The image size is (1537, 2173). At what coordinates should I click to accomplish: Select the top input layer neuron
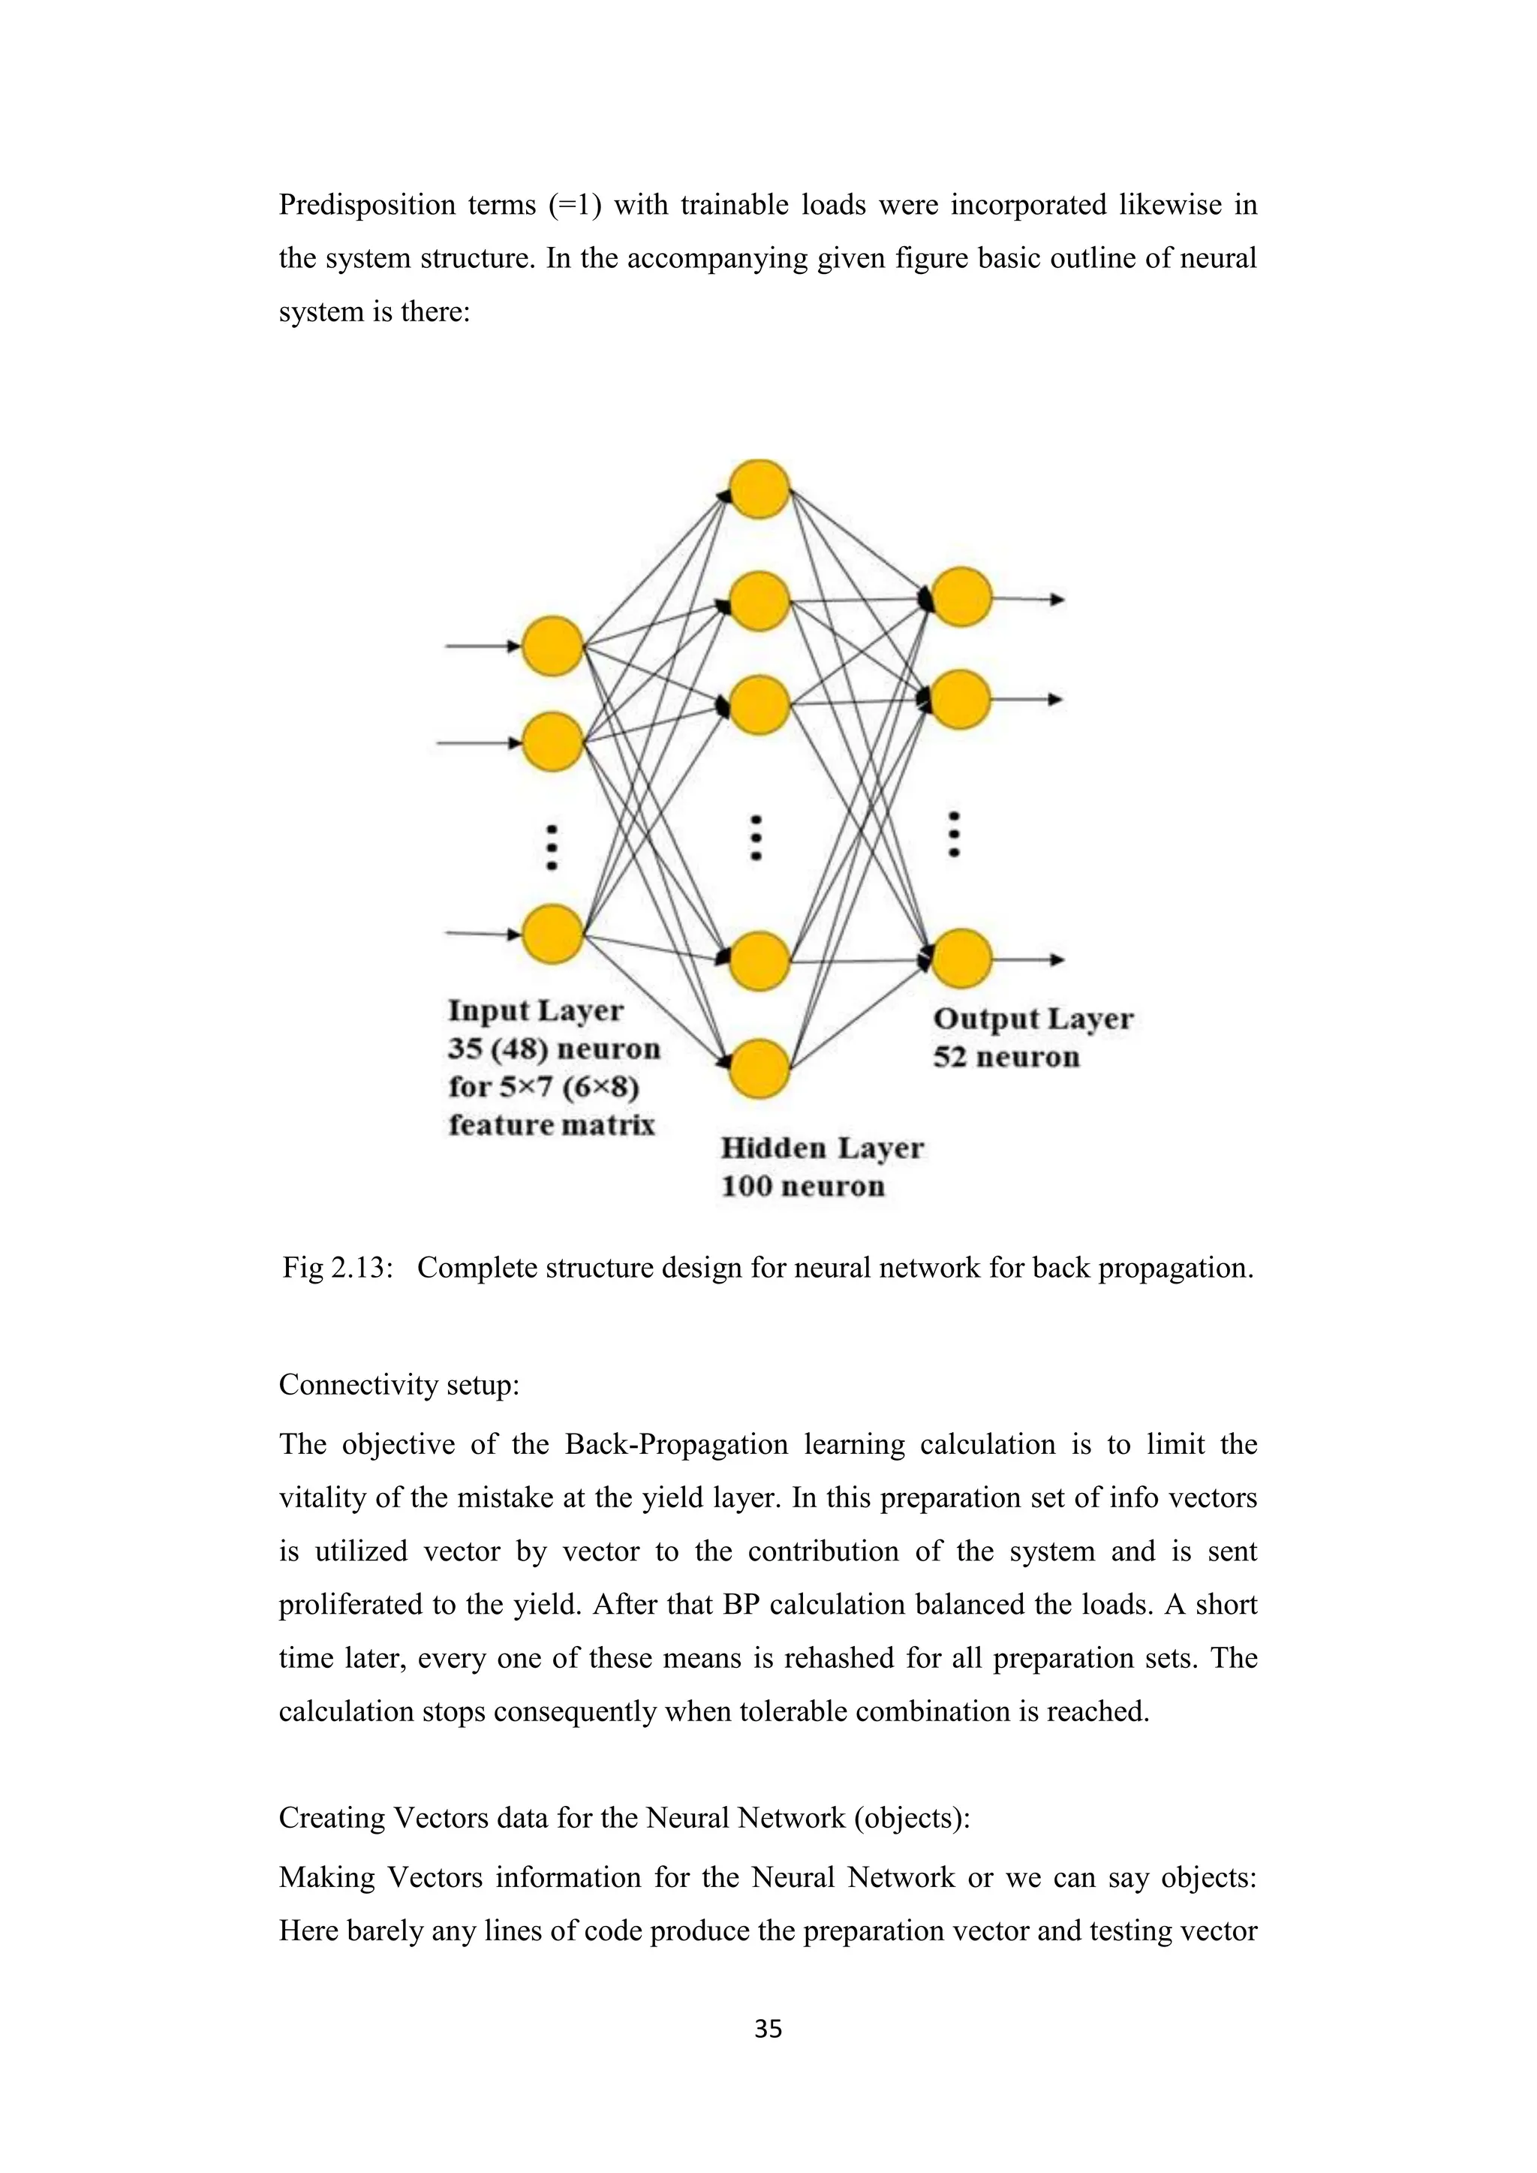552,646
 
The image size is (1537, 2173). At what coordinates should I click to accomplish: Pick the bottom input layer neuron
552,933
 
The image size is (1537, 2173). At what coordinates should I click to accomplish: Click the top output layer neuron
961,597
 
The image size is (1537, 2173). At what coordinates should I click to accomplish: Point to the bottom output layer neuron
961,959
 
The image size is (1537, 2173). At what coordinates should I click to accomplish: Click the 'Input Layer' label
536,1011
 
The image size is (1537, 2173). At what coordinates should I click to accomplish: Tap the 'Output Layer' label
1033,1019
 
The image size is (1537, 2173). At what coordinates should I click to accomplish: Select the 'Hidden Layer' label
822,1148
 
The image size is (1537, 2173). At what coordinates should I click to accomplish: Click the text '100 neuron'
802,1186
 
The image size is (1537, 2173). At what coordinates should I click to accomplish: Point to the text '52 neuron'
1006,1057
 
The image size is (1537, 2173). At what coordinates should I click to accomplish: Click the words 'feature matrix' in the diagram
552,1124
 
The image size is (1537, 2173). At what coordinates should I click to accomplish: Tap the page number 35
768,2028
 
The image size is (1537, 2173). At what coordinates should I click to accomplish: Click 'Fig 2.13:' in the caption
337,1267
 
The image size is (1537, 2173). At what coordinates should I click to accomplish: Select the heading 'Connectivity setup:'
399,1385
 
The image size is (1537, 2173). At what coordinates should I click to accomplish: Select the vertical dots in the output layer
954,834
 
